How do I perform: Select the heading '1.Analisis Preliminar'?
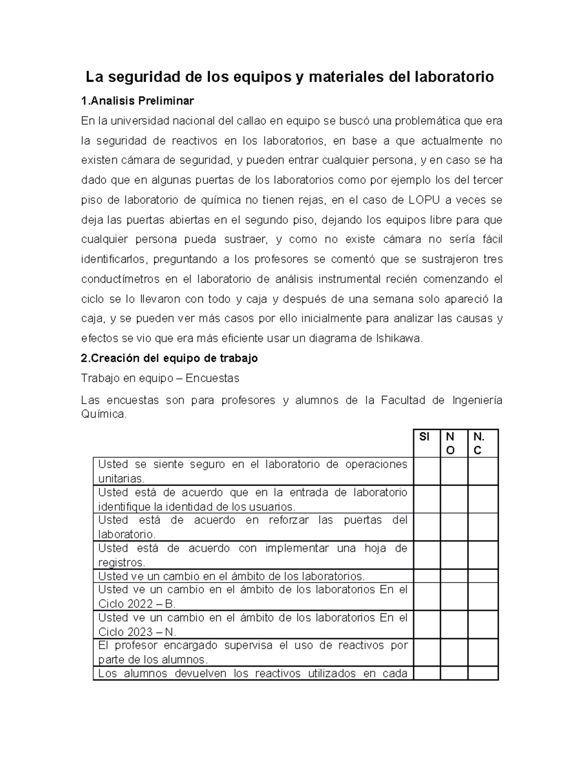[x=137, y=101]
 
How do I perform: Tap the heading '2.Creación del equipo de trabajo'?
[x=169, y=358]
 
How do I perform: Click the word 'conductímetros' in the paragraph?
[x=120, y=279]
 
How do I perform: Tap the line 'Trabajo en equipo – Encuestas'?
[x=160, y=378]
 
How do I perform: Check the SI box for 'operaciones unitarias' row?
[x=427, y=471]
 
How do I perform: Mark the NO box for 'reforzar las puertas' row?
[x=454, y=527]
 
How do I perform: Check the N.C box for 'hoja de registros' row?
[x=483, y=555]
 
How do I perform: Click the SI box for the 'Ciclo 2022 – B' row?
[x=427, y=596]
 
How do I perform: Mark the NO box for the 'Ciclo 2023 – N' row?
[x=454, y=624]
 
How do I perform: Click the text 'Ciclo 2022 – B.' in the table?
[x=136, y=604]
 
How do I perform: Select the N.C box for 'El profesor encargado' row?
[x=483, y=652]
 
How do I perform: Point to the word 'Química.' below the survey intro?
[x=104, y=415]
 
